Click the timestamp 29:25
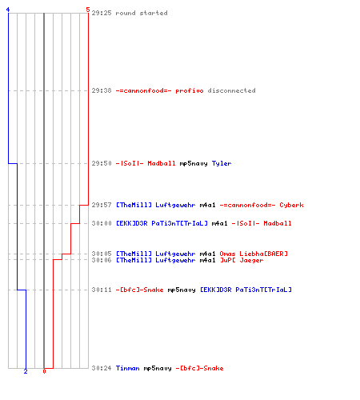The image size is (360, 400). click(x=102, y=13)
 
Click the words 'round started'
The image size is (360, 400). click(x=142, y=13)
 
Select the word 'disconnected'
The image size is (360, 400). click(x=231, y=90)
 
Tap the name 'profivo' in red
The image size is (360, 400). click(x=190, y=90)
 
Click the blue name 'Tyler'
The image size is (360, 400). click(x=222, y=163)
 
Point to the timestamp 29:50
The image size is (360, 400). click(x=102, y=163)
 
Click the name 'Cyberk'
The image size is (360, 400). click(x=291, y=205)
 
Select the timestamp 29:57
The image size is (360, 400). click(x=102, y=205)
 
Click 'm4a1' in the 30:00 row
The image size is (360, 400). click(x=220, y=223)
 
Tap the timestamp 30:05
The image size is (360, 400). click(x=102, y=254)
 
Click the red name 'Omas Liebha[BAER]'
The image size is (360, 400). click(x=254, y=254)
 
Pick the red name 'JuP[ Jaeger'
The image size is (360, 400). click(x=242, y=260)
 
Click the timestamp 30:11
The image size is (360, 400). click(x=102, y=290)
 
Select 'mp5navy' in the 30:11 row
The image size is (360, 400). click(x=182, y=290)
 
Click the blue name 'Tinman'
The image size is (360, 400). click(x=127, y=368)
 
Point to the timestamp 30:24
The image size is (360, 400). click(x=102, y=368)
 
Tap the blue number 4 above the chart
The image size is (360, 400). click(x=8, y=10)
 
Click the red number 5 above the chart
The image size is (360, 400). click(x=88, y=10)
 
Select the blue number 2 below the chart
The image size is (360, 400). click(x=26, y=371)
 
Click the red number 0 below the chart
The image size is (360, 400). click(x=44, y=371)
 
